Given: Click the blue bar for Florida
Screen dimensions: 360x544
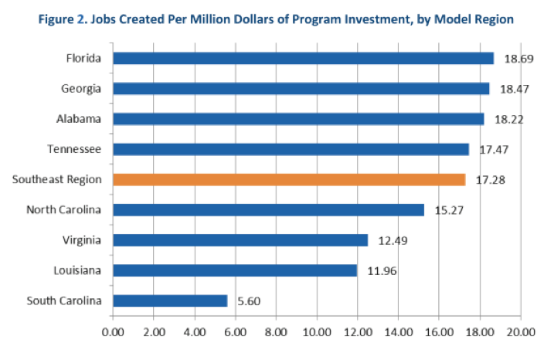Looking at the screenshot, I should pos(303,58).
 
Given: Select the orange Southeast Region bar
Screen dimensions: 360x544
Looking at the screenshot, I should pos(289,179).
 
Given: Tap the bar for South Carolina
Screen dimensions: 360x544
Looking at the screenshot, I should pos(170,301).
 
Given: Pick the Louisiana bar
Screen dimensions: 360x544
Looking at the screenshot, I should pos(235,270).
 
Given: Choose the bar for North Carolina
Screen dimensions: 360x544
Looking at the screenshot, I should pos(268,209).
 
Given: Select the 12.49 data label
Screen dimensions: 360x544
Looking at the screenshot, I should pos(393,240).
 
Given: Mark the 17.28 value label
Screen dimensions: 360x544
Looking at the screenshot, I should pos(491,180).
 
